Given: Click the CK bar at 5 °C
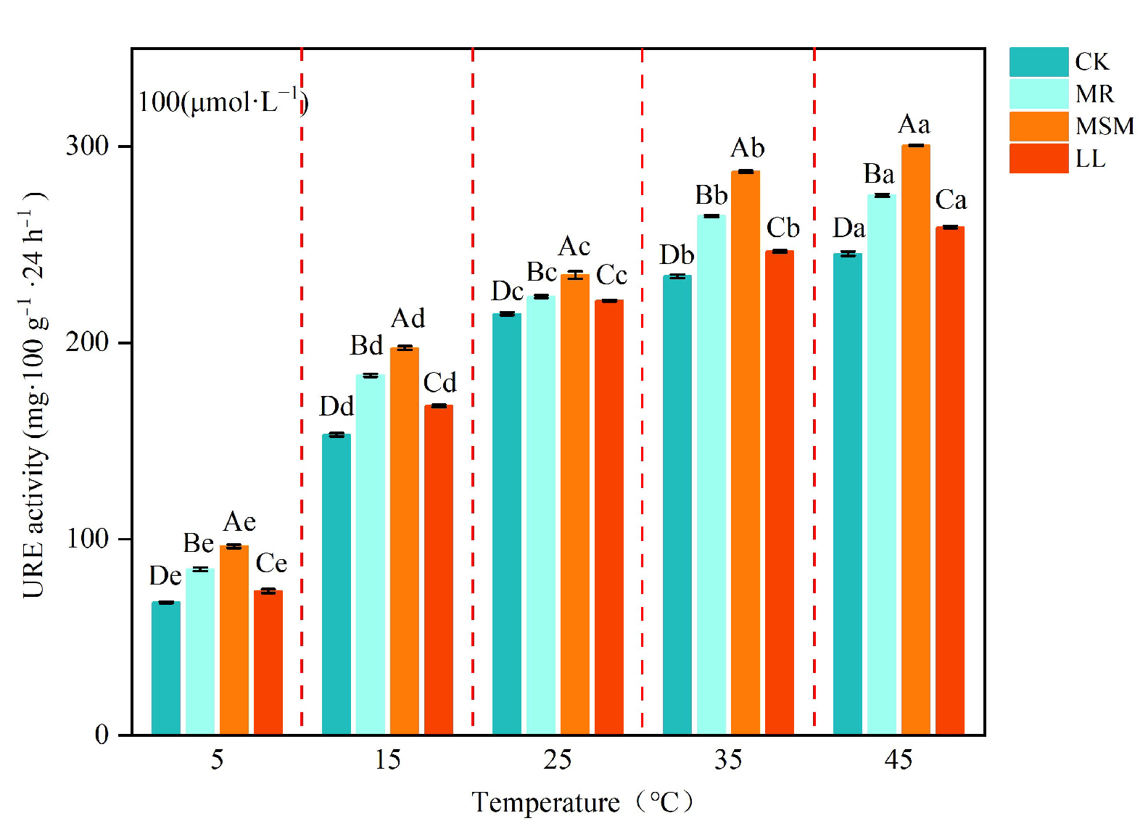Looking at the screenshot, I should coord(166,668).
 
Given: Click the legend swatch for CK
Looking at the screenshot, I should coord(1038,62).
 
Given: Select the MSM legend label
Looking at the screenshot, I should coord(1104,126).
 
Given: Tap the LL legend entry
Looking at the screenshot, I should coord(1090,159).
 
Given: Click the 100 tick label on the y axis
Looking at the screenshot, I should coord(87,539).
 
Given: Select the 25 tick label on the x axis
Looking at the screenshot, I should coord(557,760).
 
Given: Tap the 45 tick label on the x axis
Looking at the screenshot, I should coord(898,760).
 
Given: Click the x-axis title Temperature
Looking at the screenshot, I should coord(545,803).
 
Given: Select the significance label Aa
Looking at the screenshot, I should coord(914,125).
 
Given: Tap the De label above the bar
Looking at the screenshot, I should coord(165,576).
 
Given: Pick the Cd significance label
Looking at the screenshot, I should coord(439,383).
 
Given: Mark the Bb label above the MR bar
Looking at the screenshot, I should coord(711,196).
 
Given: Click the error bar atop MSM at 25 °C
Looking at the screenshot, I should coord(574,275).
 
